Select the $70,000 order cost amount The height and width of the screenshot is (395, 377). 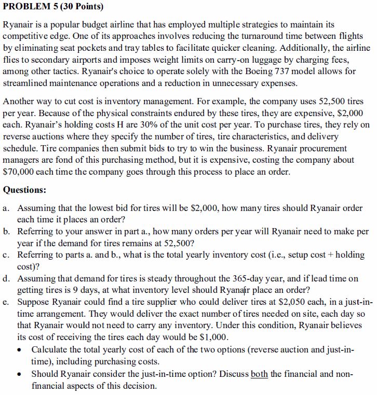pyautogui.click(x=20, y=172)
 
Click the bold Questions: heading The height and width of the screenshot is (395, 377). pyautogui.click(x=25, y=190)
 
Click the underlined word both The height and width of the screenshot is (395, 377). pyautogui.click(x=259, y=374)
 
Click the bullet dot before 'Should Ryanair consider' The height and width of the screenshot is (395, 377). pyautogui.click(x=20, y=374)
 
